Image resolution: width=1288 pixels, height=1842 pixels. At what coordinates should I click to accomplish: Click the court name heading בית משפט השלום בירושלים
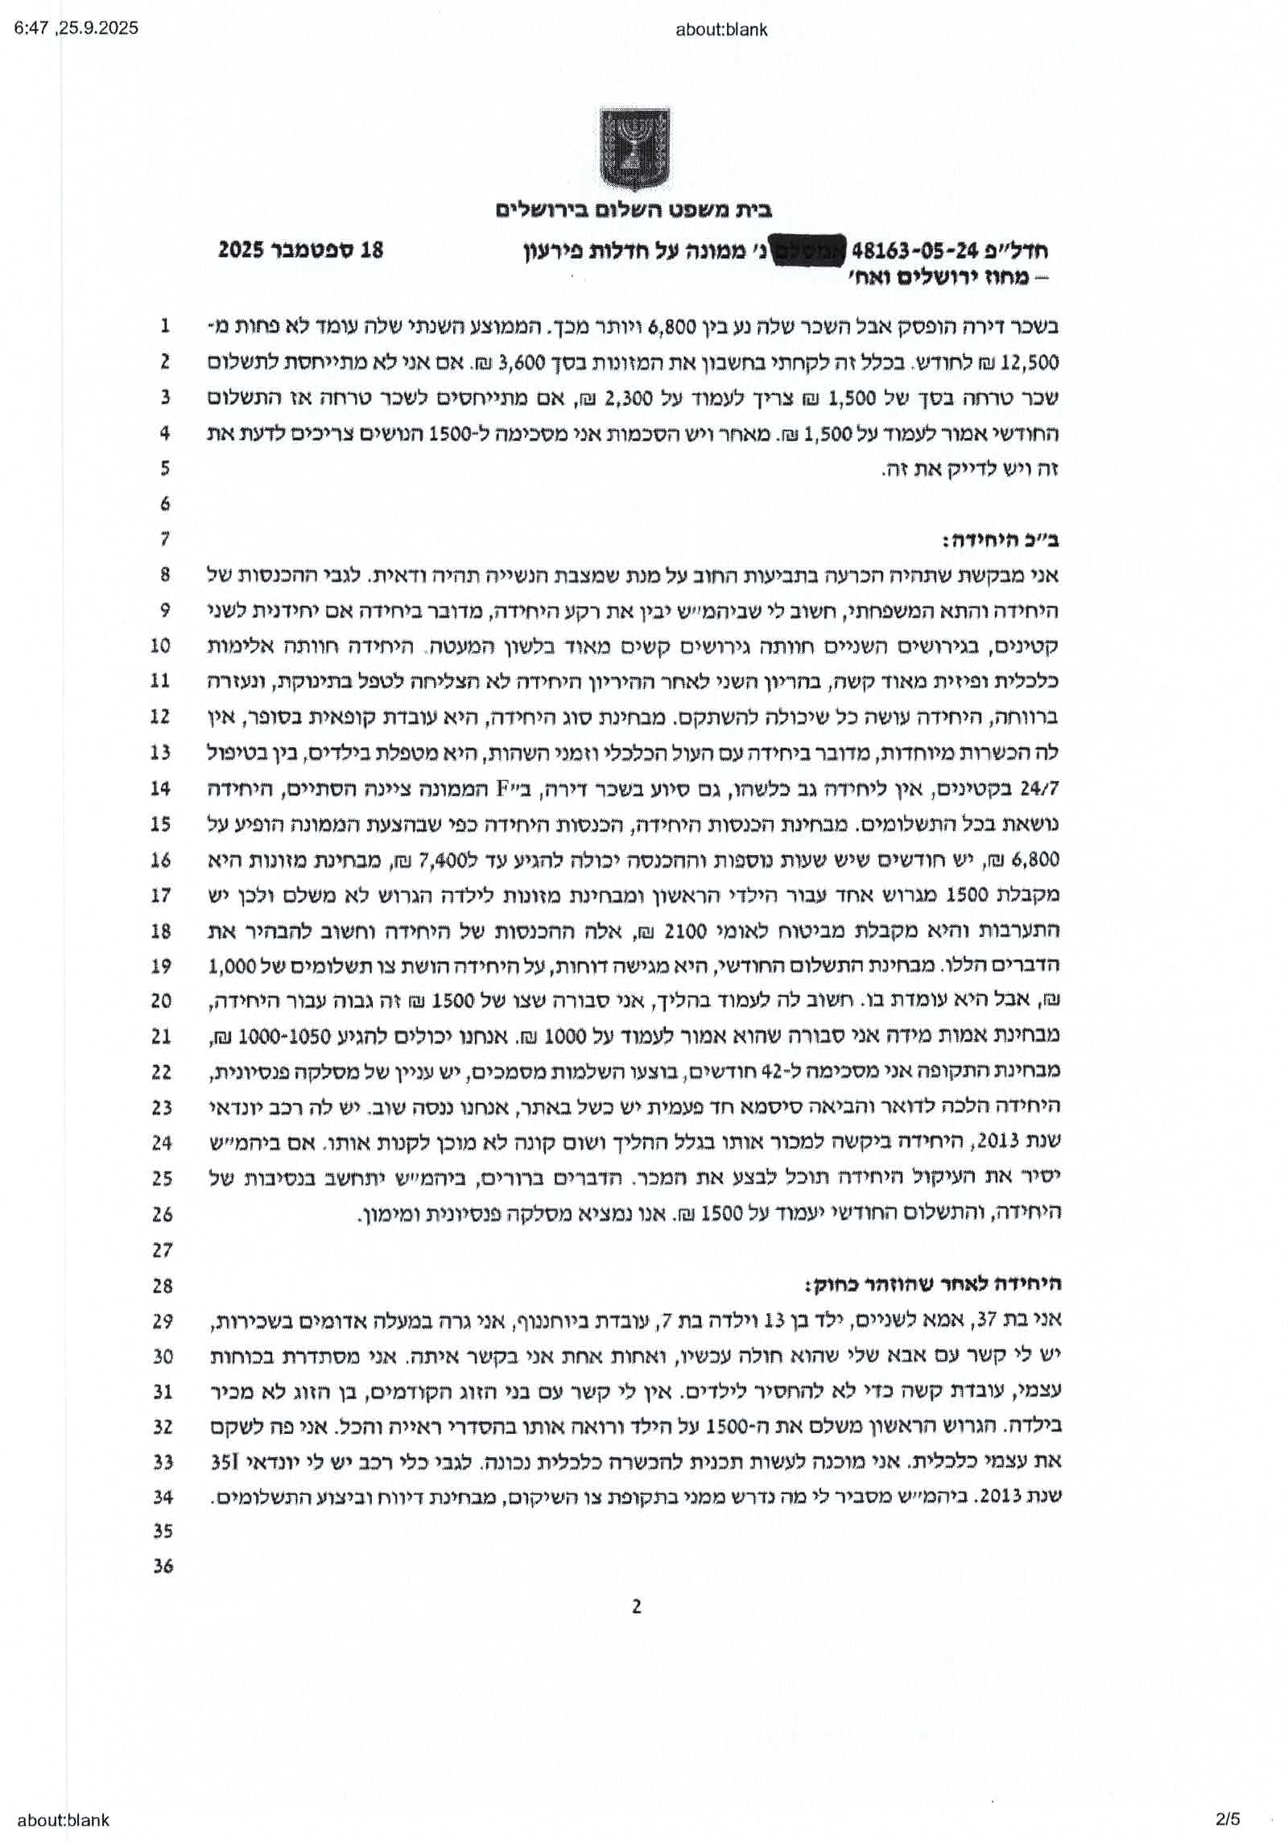coord(634,211)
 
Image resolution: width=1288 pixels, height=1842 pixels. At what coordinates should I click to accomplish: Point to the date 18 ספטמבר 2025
coord(300,250)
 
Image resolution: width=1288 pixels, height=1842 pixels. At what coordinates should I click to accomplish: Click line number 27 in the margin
coord(163,1249)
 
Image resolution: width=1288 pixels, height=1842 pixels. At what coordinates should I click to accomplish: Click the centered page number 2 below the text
coord(636,1629)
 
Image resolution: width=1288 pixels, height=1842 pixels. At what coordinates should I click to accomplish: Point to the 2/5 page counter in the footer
coord(1228,1819)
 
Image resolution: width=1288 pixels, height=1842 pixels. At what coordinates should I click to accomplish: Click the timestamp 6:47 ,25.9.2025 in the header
coord(76,28)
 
